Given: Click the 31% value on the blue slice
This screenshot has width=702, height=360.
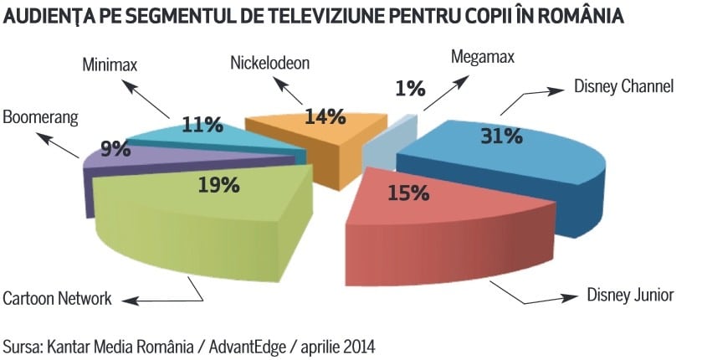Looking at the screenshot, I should [501, 135].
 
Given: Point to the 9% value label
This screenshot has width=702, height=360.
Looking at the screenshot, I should [115, 149].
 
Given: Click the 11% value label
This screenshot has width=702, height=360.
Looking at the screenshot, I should [202, 125].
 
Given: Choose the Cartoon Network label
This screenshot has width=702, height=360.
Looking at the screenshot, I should [57, 298].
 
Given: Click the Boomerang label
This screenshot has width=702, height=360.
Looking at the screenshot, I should [39, 116].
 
